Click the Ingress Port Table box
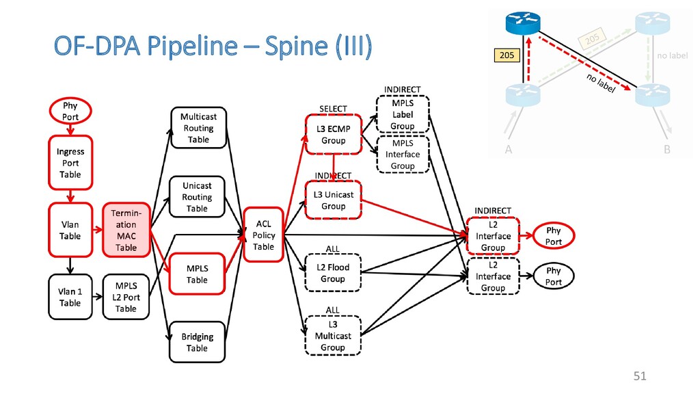click(x=70, y=163)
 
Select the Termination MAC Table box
click(x=126, y=230)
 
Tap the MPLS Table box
click(x=197, y=274)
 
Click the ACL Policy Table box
click(x=263, y=235)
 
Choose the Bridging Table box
click(x=197, y=342)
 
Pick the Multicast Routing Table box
click(x=199, y=128)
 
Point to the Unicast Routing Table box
click(x=197, y=197)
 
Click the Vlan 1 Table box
click(x=70, y=297)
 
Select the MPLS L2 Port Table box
click(x=126, y=297)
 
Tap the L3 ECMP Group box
click(x=334, y=135)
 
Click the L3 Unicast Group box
click(x=334, y=200)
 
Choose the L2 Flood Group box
click(x=333, y=273)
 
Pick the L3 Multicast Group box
click(x=333, y=335)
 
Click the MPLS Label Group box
click(x=403, y=114)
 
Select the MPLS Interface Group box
click(x=403, y=154)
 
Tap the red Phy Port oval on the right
click(x=554, y=236)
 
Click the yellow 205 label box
click(x=507, y=55)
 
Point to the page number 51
click(x=640, y=376)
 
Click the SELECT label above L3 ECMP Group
click(x=333, y=109)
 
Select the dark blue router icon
click(x=523, y=23)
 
